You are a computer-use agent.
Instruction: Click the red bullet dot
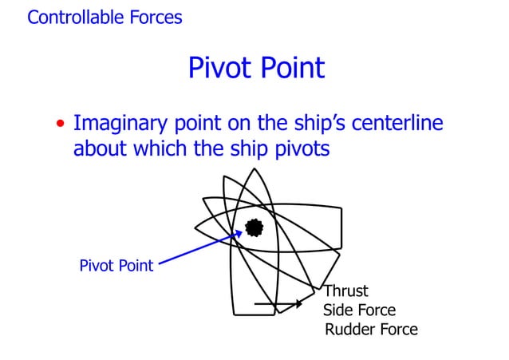pyautogui.click(x=61, y=125)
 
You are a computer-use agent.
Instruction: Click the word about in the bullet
pyautogui.click(x=100, y=148)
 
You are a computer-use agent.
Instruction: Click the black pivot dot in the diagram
pyautogui.click(x=254, y=227)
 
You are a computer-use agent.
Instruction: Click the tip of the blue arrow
pyautogui.click(x=243, y=232)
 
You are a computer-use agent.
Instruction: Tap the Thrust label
pyautogui.click(x=346, y=291)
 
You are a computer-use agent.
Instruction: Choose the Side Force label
pyautogui.click(x=359, y=311)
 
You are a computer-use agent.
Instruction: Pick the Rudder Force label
pyautogui.click(x=371, y=330)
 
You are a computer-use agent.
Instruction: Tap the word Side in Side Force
pyautogui.click(x=337, y=311)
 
